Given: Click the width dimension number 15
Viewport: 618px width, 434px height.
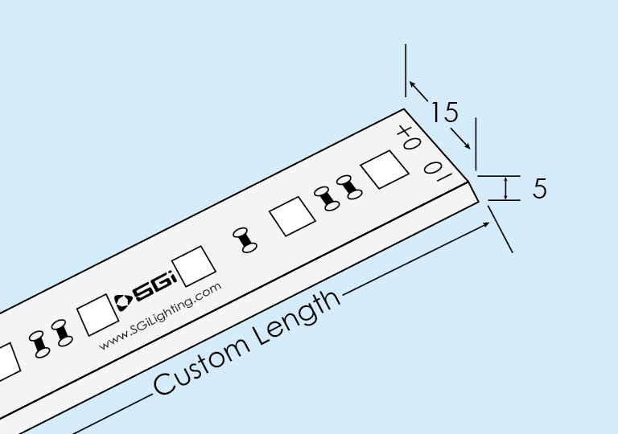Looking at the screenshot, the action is click(445, 112).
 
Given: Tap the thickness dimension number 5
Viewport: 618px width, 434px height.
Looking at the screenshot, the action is click(540, 188).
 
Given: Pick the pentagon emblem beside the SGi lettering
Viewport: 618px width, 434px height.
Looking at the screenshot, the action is click(123, 302).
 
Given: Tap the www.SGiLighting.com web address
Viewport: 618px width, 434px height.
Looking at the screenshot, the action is click(160, 316).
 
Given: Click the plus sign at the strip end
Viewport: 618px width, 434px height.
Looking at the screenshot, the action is click(405, 131).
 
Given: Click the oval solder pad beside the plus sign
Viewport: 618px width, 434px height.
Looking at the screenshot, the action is click(412, 143).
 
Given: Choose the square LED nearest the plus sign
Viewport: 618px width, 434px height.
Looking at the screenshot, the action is click(385, 170).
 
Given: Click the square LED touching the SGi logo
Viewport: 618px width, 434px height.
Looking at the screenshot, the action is click(194, 266).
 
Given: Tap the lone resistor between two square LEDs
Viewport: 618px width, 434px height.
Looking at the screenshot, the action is click(245, 240).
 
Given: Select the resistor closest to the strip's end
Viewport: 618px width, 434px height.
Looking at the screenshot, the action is click(349, 187).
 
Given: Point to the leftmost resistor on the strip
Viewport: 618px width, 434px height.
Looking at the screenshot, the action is click(39, 345).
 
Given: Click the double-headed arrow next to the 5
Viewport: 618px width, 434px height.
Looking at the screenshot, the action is click(506, 188).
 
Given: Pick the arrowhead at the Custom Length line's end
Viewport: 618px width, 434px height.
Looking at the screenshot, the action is click(486, 224).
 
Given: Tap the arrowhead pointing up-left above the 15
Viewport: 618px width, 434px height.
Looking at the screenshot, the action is click(412, 84).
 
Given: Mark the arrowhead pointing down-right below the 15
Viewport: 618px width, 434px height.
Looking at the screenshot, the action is click(467, 145).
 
